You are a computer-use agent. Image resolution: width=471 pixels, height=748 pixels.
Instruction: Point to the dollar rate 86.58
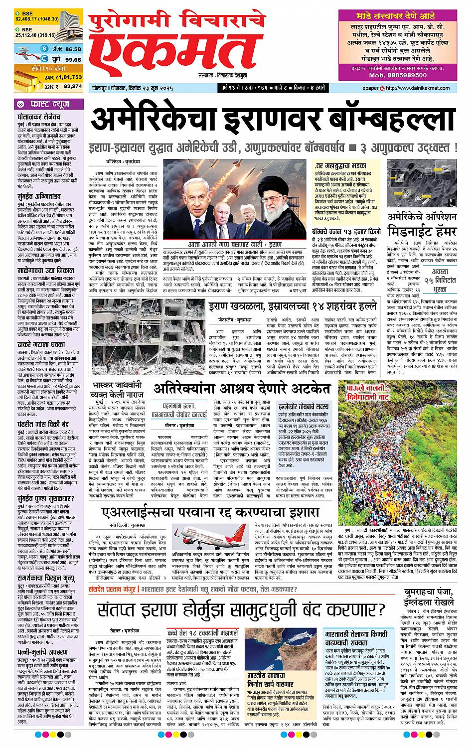pos(73,49)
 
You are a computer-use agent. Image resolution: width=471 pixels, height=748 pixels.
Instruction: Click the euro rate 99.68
pos(73,59)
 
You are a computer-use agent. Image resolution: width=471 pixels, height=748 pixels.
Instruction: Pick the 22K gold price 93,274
pos(73,86)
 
